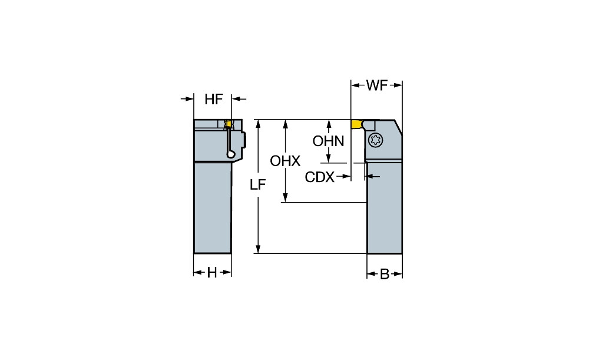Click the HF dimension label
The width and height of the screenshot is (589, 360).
pyautogui.click(x=214, y=100)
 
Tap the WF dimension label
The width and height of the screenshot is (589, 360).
pyautogui.click(x=377, y=86)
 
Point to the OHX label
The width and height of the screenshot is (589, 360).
pyautogui.click(x=285, y=161)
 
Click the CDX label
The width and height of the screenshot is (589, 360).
pyautogui.click(x=320, y=177)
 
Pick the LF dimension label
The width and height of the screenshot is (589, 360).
pyautogui.click(x=257, y=184)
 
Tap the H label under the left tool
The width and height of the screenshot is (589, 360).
pyautogui.click(x=212, y=272)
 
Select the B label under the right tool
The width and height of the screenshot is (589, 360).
pyautogui.click(x=384, y=274)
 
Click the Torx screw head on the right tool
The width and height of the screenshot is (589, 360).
pyautogui.click(x=375, y=140)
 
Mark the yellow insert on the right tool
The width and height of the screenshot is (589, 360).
pyautogui.click(x=356, y=124)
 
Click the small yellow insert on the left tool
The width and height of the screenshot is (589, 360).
pyautogui.click(x=230, y=124)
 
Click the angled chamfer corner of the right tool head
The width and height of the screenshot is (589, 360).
pyautogui.click(x=398, y=126)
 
